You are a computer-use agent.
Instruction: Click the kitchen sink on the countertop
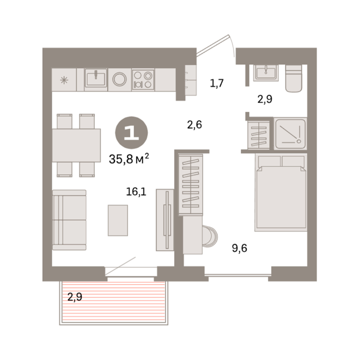pyautogui.click(x=96, y=78)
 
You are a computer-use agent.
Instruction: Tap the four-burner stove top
pyautogui.click(x=143, y=80)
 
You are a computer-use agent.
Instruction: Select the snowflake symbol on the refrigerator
pyautogui.click(x=64, y=80)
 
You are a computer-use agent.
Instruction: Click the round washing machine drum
pyautogui.click(x=120, y=79)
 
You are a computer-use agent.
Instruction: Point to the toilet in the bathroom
pyautogui.click(x=293, y=78)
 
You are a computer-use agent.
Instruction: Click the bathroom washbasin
pyautogui.click(x=266, y=73)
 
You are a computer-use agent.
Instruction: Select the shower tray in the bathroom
pyautogui.click(x=291, y=134)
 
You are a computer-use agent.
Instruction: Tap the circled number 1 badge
pyautogui.click(x=132, y=133)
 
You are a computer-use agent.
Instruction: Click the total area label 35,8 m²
pyautogui.click(x=129, y=158)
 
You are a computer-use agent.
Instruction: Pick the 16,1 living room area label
pyautogui.click(x=136, y=191)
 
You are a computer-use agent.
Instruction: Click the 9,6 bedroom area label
pyautogui.click(x=240, y=248)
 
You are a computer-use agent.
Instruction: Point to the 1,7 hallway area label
pyautogui.click(x=217, y=83)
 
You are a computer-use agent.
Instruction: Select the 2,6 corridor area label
pyautogui.click(x=195, y=125)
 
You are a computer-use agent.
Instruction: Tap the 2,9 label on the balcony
pyautogui.click(x=75, y=297)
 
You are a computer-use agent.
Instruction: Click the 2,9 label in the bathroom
pyautogui.click(x=265, y=99)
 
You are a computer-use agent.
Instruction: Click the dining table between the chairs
pyautogui.click(x=76, y=145)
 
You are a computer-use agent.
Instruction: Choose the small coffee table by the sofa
pyautogui.click(x=118, y=220)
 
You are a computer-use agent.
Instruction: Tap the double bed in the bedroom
pyautogui.click(x=281, y=192)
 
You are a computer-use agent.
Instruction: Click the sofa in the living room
pyautogui.click(x=69, y=220)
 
